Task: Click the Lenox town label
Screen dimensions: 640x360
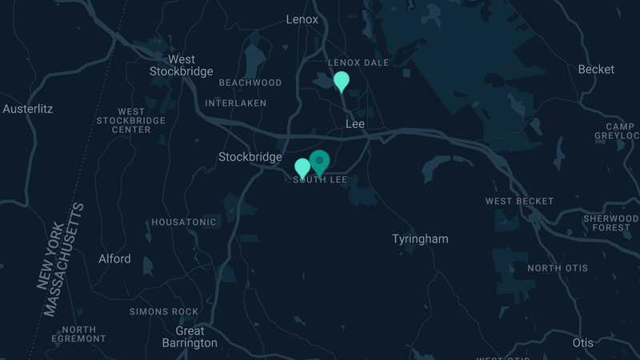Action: (x=302, y=19)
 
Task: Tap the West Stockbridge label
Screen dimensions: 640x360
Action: (x=182, y=66)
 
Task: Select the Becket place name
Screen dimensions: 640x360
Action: (x=596, y=70)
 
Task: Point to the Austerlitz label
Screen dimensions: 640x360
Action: (x=28, y=108)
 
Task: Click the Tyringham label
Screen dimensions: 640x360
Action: (x=420, y=239)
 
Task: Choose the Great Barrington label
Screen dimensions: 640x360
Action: (x=190, y=337)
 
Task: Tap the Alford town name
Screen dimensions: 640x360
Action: (x=114, y=259)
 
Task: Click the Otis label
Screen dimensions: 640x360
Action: (x=583, y=342)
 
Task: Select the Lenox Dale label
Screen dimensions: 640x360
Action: (x=358, y=62)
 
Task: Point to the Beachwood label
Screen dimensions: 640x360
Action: (x=250, y=83)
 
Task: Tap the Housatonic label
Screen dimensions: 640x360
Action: (x=184, y=222)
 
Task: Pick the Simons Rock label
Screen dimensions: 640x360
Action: (x=164, y=311)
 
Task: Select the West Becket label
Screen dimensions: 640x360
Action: (x=519, y=201)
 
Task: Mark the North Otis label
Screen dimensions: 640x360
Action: (x=558, y=268)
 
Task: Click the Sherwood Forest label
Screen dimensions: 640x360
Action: (x=610, y=223)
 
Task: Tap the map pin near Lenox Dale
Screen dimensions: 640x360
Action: (x=342, y=81)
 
